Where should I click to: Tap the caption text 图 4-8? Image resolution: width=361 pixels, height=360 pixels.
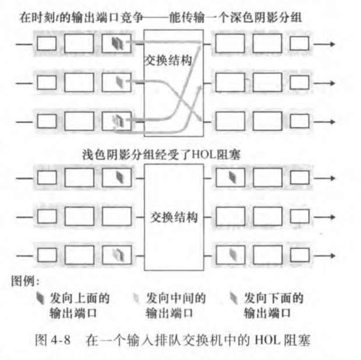point(56,340)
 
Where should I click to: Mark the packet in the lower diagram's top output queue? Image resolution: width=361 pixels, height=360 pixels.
point(231,177)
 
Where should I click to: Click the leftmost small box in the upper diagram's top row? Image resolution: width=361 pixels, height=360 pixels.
point(47,43)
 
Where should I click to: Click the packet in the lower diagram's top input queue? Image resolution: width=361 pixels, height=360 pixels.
point(118,177)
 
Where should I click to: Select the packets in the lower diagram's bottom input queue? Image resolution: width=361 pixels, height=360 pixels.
point(118,255)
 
